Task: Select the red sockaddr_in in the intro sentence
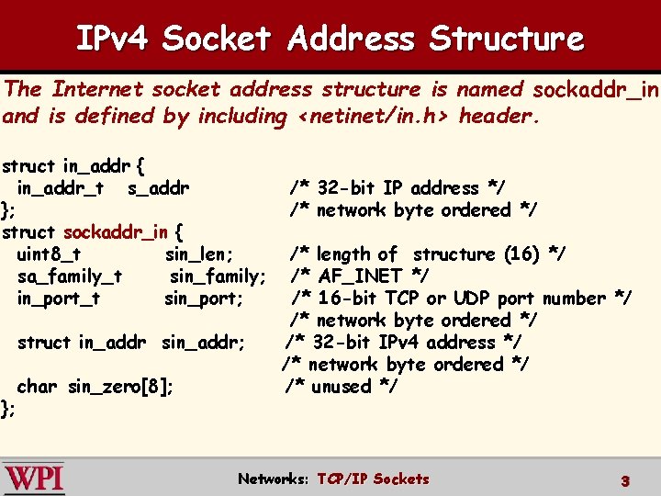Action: tap(596, 90)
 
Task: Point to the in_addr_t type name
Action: tap(60, 188)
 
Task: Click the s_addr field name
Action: tap(159, 188)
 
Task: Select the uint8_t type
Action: tap(49, 254)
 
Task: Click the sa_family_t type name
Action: tap(70, 276)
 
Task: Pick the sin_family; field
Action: tap(218, 276)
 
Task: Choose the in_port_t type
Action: tap(59, 299)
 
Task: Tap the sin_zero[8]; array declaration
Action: tap(120, 387)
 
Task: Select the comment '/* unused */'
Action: tap(342, 387)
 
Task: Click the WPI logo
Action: tap(33, 479)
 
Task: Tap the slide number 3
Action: tap(624, 480)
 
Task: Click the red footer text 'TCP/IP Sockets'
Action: tap(373, 479)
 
